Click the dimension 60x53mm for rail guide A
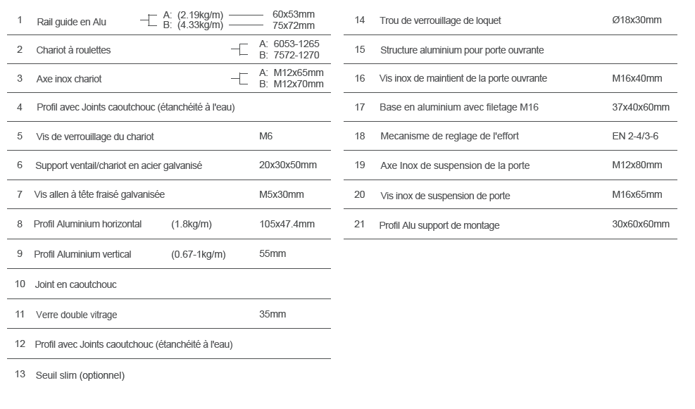tap(294, 14)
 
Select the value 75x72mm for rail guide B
tap(294, 25)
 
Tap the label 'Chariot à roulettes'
tap(73, 50)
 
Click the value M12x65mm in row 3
tap(298, 73)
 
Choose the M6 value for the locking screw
tap(266, 136)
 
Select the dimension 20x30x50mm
tap(288, 165)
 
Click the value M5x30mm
tap(282, 194)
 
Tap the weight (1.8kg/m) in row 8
tap(191, 224)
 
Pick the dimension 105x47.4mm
tap(287, 224)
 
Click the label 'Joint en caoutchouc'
tap(75, 284)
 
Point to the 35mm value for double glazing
tap(273, 314)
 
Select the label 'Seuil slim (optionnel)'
tap(80, 375)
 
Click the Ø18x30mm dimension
tap(637, 20)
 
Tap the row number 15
tap(360, 49)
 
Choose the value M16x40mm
tap(637, 78)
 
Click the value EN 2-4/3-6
tap(635, 135)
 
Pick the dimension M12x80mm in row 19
tap(637, 165)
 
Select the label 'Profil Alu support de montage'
tap(439, 225)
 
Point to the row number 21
tap(360, 224)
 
